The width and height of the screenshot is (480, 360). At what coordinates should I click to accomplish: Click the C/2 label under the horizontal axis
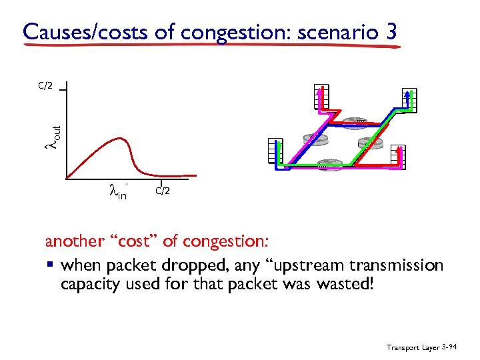[x=163, y=191]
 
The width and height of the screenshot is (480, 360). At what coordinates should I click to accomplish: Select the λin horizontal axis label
[x=117, y=193]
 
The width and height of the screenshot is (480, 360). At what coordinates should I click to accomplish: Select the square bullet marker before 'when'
[x=51, y=266]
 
